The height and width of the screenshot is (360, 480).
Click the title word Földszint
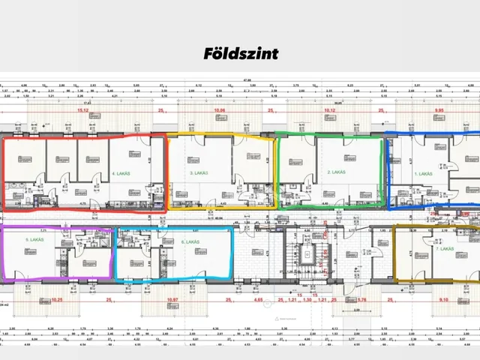click(x=239, y=54)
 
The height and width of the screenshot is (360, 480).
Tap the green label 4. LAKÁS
click(x=121, y=173)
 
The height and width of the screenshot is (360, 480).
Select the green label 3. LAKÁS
click(x=198, y=173)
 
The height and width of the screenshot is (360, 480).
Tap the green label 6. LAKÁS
click(x=187, y=241)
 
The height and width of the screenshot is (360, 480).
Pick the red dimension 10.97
click(x=174, y=300)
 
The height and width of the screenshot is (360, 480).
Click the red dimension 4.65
click(x=259, y=300)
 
